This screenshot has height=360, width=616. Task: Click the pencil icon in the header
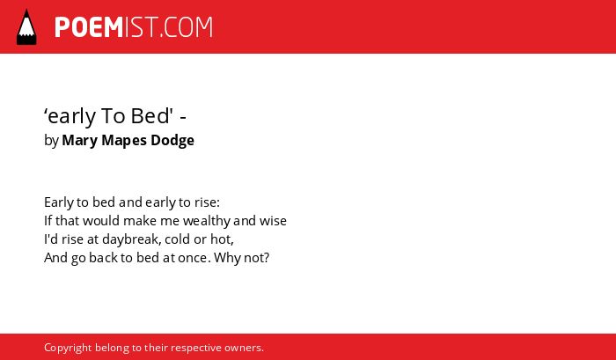click(x=26, y=26)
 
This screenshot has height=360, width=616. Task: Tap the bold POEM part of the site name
click(x=89, y=27)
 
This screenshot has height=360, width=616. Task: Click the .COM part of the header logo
click(x=186, y=27)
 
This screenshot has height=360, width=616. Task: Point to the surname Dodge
click(x=172, y=140)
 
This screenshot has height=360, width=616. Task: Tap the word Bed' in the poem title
click(x=152, y=115)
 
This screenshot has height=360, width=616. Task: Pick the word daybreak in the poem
click(x=132, y=239)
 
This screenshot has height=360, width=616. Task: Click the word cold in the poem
click(x=177, y=239)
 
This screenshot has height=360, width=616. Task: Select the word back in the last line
click(x=100, y=257)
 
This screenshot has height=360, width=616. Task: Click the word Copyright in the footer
click(x=68, y=348)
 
